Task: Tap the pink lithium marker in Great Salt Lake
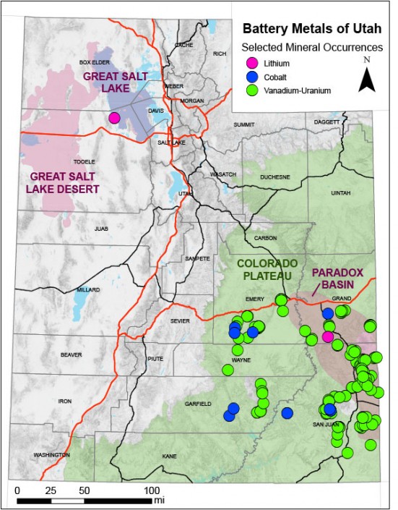[114, 118]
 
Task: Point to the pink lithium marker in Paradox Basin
[328, 336]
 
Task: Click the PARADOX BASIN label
[337, 279]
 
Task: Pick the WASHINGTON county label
[46, 455]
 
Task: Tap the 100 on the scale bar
[153, 490]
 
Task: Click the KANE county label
[170, 456]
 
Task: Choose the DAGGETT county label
[326, 122]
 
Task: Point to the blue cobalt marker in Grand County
[327, 313]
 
